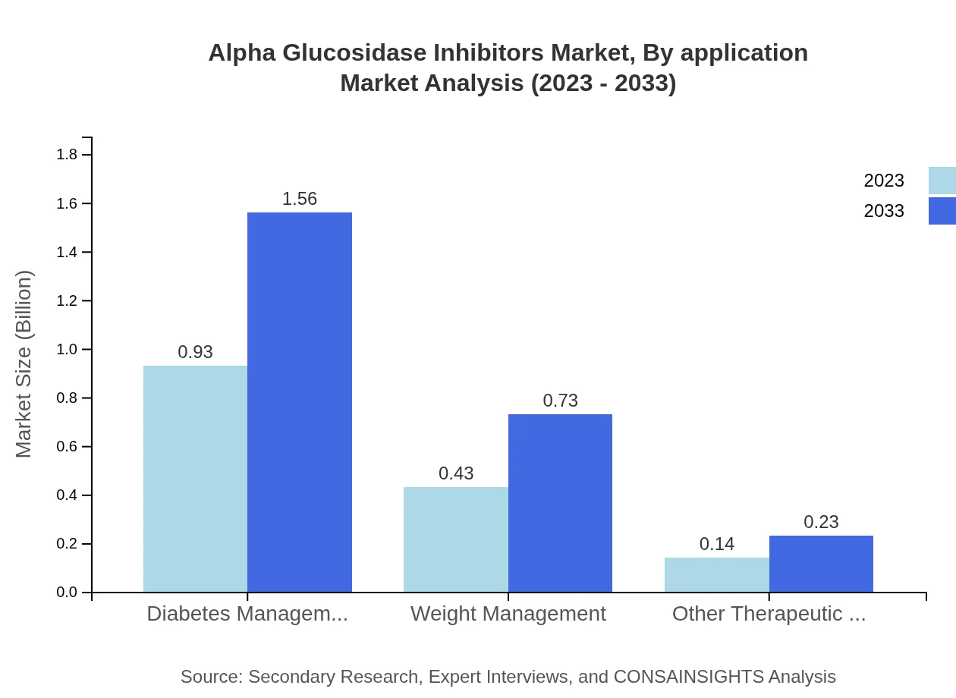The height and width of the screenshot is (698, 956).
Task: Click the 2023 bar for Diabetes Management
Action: click(x=195, y=479)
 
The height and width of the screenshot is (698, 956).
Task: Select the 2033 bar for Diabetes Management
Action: click(x=300, y=402)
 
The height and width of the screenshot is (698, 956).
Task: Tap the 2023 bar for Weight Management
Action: click(x=456, y=539)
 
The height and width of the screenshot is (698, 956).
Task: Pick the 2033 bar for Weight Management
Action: click(x=560, y=503)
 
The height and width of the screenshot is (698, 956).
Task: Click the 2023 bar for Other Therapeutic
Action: click(x=717, y=575)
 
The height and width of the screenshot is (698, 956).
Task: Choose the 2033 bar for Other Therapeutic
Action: click(x=821, y=564)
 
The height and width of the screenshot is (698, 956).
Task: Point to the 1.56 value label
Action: click(x=300, y=199)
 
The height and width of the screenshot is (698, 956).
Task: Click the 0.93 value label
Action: click(x=195, y=352)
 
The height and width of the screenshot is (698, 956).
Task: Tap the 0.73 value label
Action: click(x=560, y=401)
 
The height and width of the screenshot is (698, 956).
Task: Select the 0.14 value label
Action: click(x=717, y=544)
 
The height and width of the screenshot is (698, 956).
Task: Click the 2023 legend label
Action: click(x=884, y=181)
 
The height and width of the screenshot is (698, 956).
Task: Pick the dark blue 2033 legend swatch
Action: click(x=942, y=211)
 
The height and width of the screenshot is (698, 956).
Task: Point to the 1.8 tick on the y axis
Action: click(x=67, y=155)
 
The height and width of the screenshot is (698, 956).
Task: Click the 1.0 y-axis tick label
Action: click(x=67, y=350)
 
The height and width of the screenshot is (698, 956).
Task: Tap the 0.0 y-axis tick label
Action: click(x=67, y=593)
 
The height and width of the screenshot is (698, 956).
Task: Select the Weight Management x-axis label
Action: click(x=508, y=614)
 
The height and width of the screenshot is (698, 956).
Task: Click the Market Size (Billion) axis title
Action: click(x=24, y=364)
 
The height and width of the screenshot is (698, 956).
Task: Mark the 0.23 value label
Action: click(x=821, y=522)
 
